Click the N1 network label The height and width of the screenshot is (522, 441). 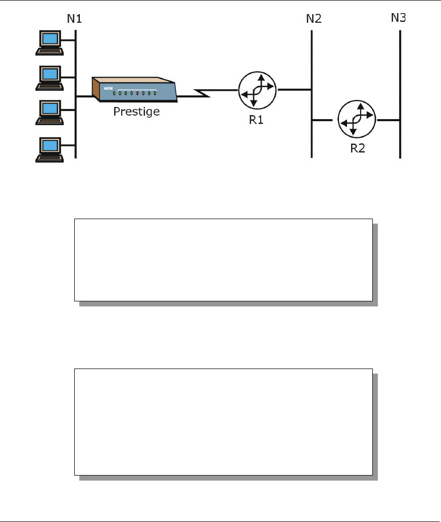tap(74, 20)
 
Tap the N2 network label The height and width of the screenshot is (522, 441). tap(313, 20)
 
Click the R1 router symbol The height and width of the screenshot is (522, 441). tap(257, 90)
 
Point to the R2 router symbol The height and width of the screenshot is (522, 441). tap(357, 120)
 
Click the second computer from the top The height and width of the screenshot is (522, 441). tap(49, 77)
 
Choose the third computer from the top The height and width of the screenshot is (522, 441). tap(49, 112)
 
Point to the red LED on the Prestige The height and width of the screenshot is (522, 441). tap(137, 93)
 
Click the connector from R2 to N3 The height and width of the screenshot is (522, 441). tap(388, 120)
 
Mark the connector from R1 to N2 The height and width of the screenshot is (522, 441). tap(294, 90)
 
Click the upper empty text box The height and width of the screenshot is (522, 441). tap(223, 260)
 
